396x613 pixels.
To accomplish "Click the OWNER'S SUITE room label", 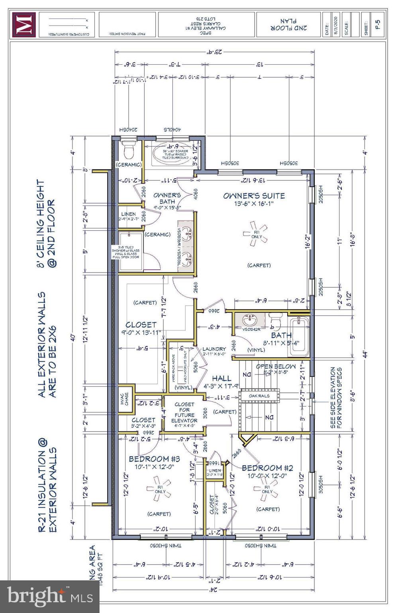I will (x=254, y=196).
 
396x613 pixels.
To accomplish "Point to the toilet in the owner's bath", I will (x=128, y=150).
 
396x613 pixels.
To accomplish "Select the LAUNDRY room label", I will (x=214, y=349).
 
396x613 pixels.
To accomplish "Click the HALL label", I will (x=222, y=378).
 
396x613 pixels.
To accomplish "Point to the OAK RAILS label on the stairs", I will (x=259, y=396).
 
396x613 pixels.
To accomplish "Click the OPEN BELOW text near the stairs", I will (x=276, y=366).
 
